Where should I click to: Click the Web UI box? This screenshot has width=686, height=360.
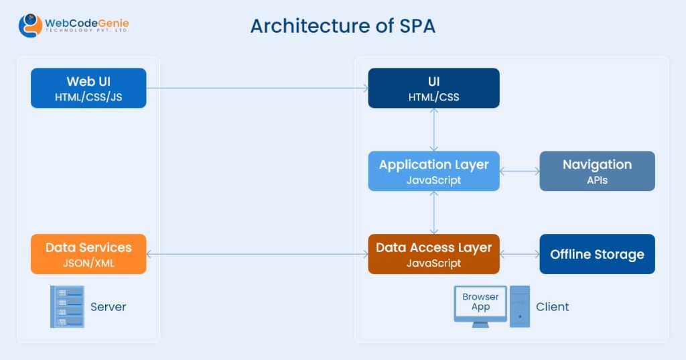pos(88,88)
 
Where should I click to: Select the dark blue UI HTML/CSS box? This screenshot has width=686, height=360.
pos(433,88)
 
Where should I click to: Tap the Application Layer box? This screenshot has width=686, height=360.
pos(433,171)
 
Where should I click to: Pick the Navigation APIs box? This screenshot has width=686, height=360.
pos(597,171)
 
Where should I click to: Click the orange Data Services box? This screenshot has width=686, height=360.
pos(88,254)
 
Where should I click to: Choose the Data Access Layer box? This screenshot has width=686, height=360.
pos(433,254)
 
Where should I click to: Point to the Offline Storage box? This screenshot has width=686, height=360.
pos(597,254)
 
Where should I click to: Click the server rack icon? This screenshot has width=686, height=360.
pos(67,306)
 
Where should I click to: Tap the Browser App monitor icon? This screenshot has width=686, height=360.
pos(480,306)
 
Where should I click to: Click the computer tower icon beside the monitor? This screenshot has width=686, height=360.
pos(520,306)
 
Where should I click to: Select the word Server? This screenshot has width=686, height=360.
pos(108,306)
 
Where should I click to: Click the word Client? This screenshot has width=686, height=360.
pos(553,306)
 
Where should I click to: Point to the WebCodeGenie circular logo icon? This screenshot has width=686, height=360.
pos(30,25)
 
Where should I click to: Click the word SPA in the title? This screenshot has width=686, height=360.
pos(417,26)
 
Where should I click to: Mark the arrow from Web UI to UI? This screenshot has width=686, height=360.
pos(257,88)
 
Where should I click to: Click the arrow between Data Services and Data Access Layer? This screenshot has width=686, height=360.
pos(257,254)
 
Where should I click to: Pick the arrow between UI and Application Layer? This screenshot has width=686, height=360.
pos(433,129)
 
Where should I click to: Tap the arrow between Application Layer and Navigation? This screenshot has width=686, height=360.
pos(519,171)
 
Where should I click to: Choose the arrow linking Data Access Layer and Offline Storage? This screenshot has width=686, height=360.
pos(519,254)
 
